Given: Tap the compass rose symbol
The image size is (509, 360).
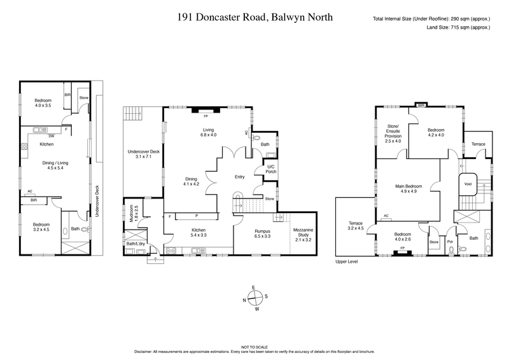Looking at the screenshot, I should point(254,298).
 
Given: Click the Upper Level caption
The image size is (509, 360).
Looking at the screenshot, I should point(346,261).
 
